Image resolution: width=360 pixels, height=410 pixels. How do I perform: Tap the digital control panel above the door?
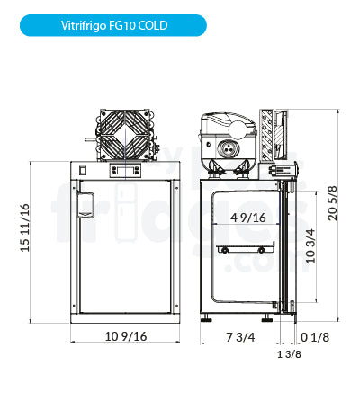(125, 170)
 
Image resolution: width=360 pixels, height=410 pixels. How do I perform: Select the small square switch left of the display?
(83, 169)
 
